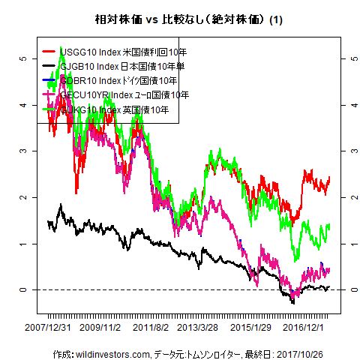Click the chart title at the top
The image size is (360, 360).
(179, 19)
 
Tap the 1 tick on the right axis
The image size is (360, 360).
(346, 244)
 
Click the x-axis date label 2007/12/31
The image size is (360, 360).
(48, 328)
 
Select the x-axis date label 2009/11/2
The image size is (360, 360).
(100, 328)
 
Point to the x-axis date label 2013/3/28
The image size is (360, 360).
(198, 328)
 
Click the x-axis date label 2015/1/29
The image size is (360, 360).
(250, 328)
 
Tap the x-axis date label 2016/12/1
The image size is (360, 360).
(303, 328)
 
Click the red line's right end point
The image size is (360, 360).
(329, 178)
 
